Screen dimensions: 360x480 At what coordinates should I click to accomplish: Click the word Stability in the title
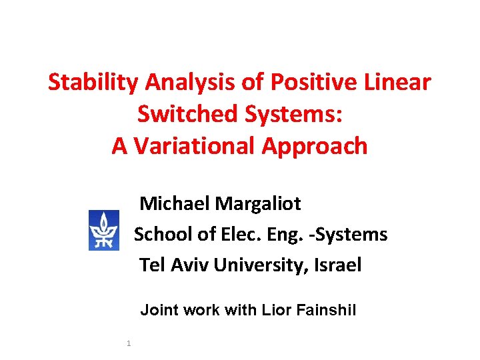click(x=93, y=83)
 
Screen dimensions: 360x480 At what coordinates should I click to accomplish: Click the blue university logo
click(x=104, y=230)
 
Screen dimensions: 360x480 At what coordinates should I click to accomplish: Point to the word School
click(x=163, y=234)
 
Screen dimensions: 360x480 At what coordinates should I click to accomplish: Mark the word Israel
click(x=339, y=265)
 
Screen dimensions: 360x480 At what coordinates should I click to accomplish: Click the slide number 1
click(x=127, y=343)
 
